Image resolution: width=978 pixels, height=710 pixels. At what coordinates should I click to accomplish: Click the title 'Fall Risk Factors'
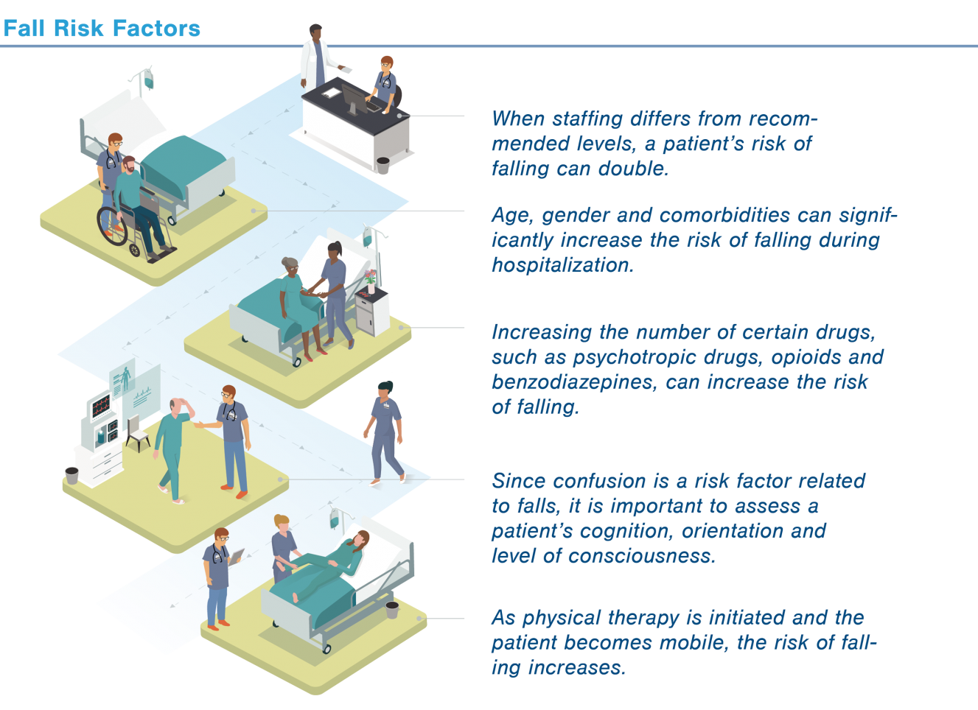[102, 29]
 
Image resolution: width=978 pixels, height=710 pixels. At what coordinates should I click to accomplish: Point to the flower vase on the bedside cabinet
[370, 279]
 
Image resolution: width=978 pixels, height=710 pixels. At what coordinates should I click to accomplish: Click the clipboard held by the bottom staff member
[237, 556]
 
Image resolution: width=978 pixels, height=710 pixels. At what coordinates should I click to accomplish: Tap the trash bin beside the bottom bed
[392, 609]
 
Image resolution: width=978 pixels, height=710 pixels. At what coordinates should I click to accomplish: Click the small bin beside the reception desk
[383, 163]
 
